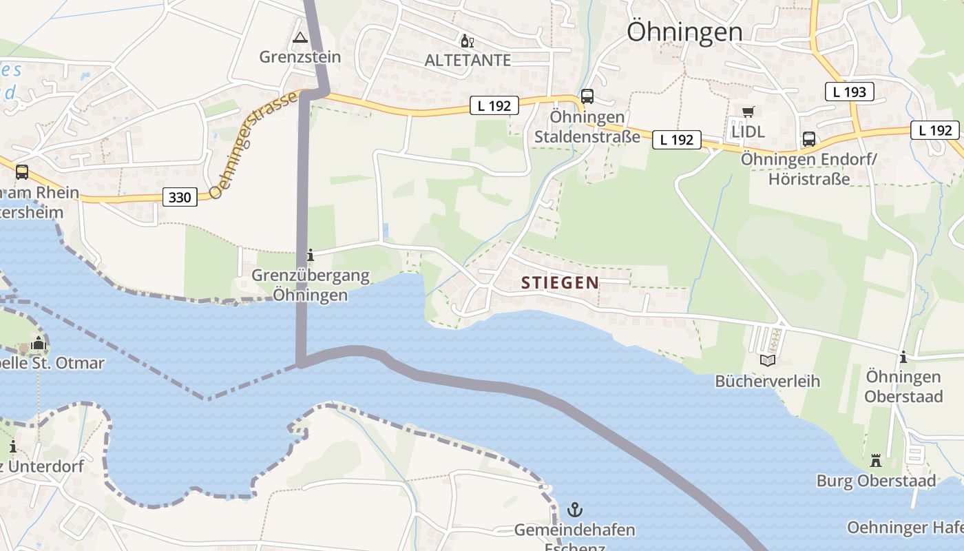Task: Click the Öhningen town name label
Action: pyautogui.click(x=684, y=32)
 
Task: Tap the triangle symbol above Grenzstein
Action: pyautogui.click(x=300, y=37)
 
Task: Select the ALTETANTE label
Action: pyautogui.click(x=468, y=60)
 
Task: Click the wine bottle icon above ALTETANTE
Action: pyautogui.click(x=467, y=41)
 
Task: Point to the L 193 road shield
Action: pyautogui.click(x=849, y=91)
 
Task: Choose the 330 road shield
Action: pyautogui.click(x=180, y=198)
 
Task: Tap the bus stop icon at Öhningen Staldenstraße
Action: pyautogui.click(x=587, y=96)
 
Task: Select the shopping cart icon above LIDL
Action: pyautogui.click(x=748, y=112)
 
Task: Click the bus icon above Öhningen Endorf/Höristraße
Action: pyautogui.click(x=809, y=138)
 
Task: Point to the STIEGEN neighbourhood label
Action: pyautogui.click(x=560, y=282)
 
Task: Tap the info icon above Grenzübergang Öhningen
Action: pyautogui.click(x=310, y=256)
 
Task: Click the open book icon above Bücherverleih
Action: pyautogui.click(x=767, y=360)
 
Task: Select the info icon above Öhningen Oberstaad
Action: pyautogui.click(x=903, y=357)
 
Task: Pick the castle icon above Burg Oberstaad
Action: pyautogui.click(x=876, y=460)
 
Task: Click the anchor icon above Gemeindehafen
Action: pyautogui.click(x=574, y=510)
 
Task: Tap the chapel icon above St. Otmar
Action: pyautogui.click(x=38, y=342)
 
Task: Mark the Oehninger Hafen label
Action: pyautogui.click(x=905, y=528)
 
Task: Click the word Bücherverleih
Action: pyautogui.click(x=767, y=381)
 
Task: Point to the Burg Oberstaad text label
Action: pyautogui.click(x=876, y=480)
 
